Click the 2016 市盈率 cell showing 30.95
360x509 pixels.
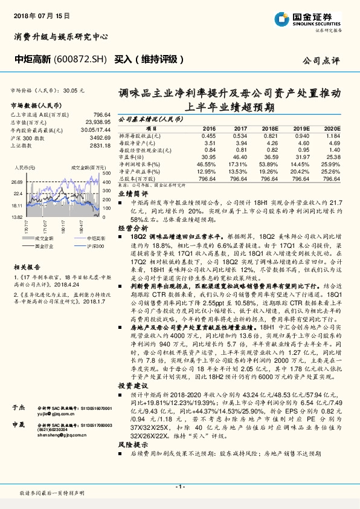coord(208,157)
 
